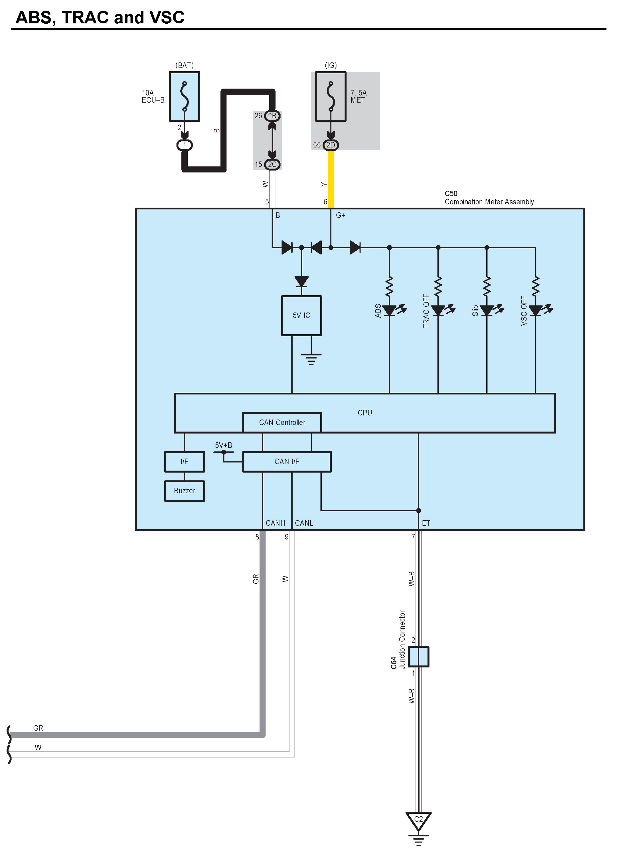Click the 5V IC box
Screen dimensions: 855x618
coord(301,315)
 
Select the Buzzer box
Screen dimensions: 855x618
coord(185,491)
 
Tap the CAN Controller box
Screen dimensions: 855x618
coord(282,422)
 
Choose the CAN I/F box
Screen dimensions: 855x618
coord(287,461)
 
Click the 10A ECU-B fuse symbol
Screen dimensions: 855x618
coord(185,97)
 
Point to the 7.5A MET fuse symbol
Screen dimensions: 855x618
coord(331,97)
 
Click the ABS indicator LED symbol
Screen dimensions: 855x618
coord(389,311)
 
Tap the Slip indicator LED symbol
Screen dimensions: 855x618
coord(487,311)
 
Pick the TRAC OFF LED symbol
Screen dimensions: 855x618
coord(438,311)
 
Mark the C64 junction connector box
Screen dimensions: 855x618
coord(418,656)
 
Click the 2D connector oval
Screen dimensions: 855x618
coord(331,145)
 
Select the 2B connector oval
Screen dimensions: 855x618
coord(272,116)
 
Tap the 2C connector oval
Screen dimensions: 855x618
coord(272,164)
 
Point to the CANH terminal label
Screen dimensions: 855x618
coord(275,523)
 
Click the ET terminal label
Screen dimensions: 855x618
coord(426,523)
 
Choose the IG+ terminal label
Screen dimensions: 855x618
coord(339,215)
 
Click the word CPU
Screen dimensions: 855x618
coord(364,413)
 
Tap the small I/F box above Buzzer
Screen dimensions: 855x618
coord(185,461)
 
